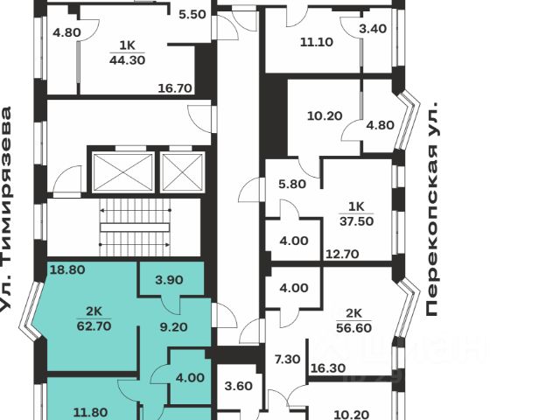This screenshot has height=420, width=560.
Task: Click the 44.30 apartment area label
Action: [127, 60]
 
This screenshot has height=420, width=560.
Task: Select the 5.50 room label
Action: [192, 15]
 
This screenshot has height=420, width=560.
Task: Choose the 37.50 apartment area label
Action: [356, 220]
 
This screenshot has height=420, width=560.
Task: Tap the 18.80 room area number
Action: [66, 271]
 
